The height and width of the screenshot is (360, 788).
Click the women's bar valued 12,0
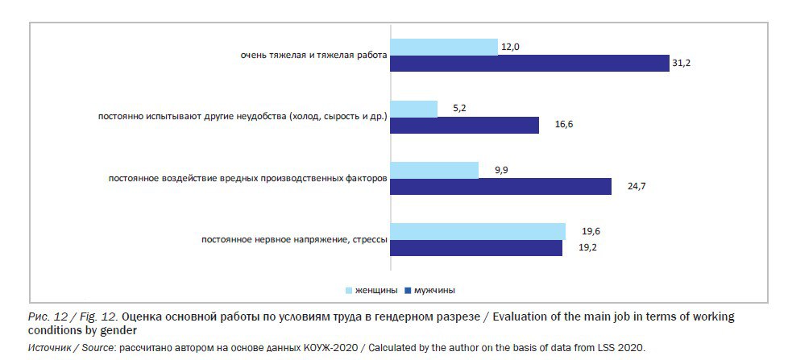[444, 47]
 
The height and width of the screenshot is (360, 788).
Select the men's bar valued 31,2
[529, 63]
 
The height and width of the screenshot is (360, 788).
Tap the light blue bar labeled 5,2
[414, 109]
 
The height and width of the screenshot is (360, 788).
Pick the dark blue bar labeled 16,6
[465, 125]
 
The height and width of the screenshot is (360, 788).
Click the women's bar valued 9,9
[434, 170]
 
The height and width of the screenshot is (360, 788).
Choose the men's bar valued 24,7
[501, 186]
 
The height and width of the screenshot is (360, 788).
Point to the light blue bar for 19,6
[478, 232]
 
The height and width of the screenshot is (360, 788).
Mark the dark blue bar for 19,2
[476, 248]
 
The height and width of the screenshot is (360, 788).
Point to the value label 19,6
[579, 231]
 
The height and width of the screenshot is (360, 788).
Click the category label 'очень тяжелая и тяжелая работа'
[313, 56]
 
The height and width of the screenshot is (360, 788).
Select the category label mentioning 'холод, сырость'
[243, 118]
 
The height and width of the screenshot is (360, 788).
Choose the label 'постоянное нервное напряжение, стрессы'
[294, 240]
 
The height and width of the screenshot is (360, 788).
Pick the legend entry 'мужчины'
[438, 290]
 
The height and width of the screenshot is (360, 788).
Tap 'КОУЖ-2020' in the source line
[323, 348]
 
